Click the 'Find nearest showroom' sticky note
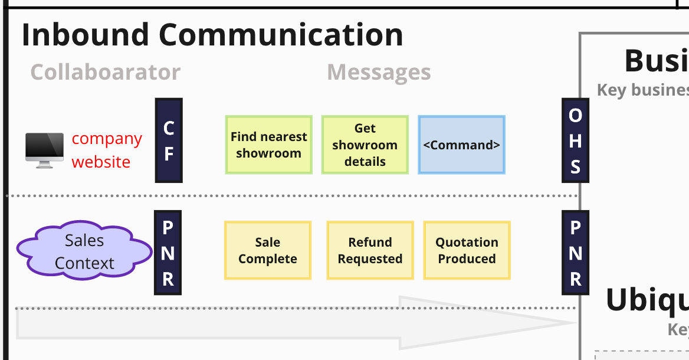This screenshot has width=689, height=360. click(x=268, y=145)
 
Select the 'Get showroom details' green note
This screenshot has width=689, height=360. click(x=365, y=145)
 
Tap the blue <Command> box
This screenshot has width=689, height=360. click(x=461, y=145)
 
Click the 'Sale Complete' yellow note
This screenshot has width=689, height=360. click(x=267, y=250)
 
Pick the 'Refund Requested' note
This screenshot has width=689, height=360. click(x=370, y=250)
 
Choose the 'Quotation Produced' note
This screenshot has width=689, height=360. click(x=467, y=250)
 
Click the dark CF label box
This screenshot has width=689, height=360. click(x=169, y=140)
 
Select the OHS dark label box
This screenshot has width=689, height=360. click(x=575, y=140)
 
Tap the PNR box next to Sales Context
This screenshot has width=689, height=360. click(x=168, y=253)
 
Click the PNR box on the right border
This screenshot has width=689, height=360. click(x=575, y=253)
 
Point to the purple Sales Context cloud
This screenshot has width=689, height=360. click(x=84, y=251)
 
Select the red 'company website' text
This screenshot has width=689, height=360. click(x=106, y=150)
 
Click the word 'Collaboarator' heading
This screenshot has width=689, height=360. click(x=105, y=72)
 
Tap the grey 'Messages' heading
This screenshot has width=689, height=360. click(x=379, y=72)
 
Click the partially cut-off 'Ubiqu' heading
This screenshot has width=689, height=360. click(x=647, y=300)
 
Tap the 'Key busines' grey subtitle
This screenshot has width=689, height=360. click(x=642, y=90)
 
